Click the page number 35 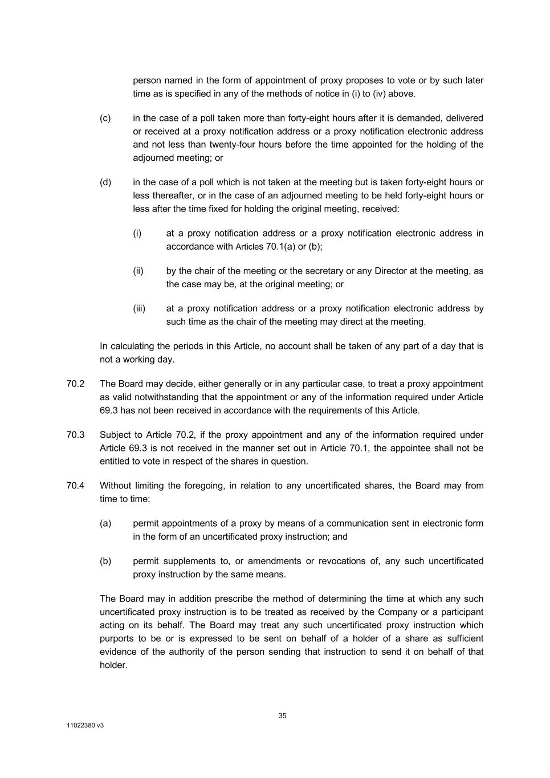click(283, 716)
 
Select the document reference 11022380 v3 click(85, 726)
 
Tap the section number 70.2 click(75, 384)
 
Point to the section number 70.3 click(75, 435)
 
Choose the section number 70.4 click(75, 486)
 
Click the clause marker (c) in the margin click(105, 118)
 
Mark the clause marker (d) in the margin click(105, 182)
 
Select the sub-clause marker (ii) click(138, 271)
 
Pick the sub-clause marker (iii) click(140, 308)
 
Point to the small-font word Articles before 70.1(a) click(250, 247)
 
